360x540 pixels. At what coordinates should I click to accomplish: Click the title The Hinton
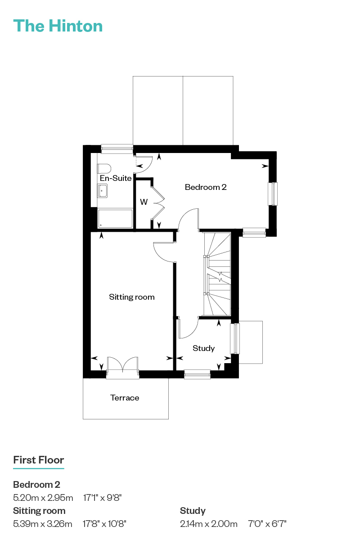(58, 26)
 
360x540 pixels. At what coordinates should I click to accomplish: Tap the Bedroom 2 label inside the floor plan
(206, 187)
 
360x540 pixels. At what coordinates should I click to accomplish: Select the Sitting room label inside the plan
(132, 297)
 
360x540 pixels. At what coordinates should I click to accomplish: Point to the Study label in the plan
(203, 348)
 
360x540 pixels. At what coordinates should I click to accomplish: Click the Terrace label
(125, 398)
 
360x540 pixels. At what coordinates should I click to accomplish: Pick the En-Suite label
(116, 178)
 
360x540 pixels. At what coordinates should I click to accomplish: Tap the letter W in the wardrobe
(144, 202)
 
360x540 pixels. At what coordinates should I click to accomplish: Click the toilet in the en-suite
(104, 168)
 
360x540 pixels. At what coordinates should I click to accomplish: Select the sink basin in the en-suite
(102, 191)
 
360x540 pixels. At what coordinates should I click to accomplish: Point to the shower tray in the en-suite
(115, 218)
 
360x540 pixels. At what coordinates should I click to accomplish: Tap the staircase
(217, 274)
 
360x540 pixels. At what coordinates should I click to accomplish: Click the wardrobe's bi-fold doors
(157, 203)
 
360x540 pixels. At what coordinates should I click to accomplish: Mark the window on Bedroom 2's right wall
(273, 194)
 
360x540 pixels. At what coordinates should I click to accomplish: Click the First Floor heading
(39, 460)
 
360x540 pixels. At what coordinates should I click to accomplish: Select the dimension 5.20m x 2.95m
(43, 498)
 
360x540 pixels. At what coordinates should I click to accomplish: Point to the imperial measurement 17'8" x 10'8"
(104, 524)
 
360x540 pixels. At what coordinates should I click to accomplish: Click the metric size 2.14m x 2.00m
(208, 524)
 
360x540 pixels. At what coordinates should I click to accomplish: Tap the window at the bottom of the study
(197, 374)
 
